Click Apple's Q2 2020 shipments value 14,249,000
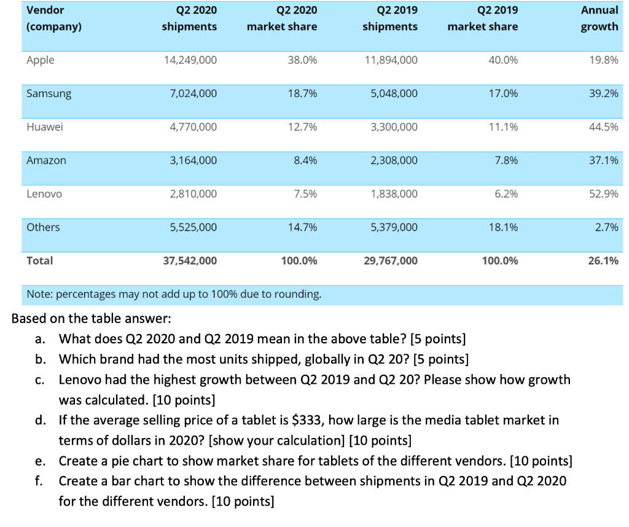[x=190, y=60]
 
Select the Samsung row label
[x=49, y=94]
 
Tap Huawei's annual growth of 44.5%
[x=603, y=127]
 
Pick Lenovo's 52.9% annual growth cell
[x=603, y=194]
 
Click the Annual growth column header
[x=600, y=18]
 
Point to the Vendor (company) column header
[x=54, y=18]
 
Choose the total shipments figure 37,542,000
[x=190, y=261]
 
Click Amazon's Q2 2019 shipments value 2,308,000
[x=394, y=160]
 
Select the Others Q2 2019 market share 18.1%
[x=503, y=227]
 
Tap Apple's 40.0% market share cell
[x=503, y=60]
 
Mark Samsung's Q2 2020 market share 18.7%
[x=302, y=94]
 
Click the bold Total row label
[x=40, y=261]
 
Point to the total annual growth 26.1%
[x=603, y=261]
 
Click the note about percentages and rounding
[x=174, y=294]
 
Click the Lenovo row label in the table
[x=44, y=194]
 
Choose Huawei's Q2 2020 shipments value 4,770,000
[x=193, y=127]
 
